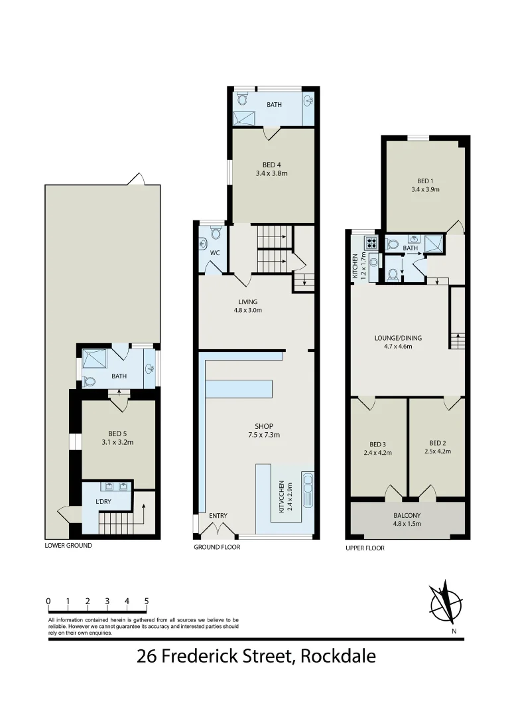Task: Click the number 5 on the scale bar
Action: (146, 601)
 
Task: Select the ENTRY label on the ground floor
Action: (218, 516)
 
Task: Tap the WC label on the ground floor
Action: (214, 253)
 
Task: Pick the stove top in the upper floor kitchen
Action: (370, 242)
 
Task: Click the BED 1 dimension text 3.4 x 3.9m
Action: (425, 189)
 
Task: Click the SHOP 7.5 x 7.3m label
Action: (263, 431)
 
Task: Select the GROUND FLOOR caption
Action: (217, 547)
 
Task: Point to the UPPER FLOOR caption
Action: (365, 548)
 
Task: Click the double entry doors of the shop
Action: (218, 530)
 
